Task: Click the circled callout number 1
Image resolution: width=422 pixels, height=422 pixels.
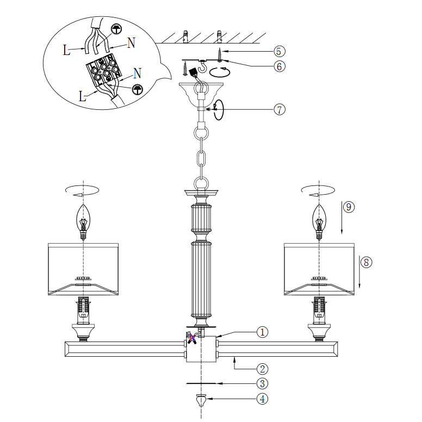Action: coord(262,332)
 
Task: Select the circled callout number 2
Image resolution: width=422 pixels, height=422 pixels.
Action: coord(262,368)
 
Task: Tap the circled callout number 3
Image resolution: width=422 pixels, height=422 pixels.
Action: coord(262,383)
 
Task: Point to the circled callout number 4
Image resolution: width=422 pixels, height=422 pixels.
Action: coord(262,399)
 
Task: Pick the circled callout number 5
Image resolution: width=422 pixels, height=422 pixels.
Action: coord(278,51)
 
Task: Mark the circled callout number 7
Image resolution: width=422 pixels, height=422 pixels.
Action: coord(278,109)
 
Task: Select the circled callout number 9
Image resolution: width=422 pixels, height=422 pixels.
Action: coord(349,207)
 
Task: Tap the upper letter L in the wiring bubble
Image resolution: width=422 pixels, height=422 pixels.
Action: coord(66,52)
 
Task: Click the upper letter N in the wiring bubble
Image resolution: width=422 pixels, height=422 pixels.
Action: coord(131,44)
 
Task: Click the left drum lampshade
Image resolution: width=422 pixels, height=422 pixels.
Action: coord(83,269)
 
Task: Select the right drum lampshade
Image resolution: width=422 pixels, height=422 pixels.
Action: coord(319,269)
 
